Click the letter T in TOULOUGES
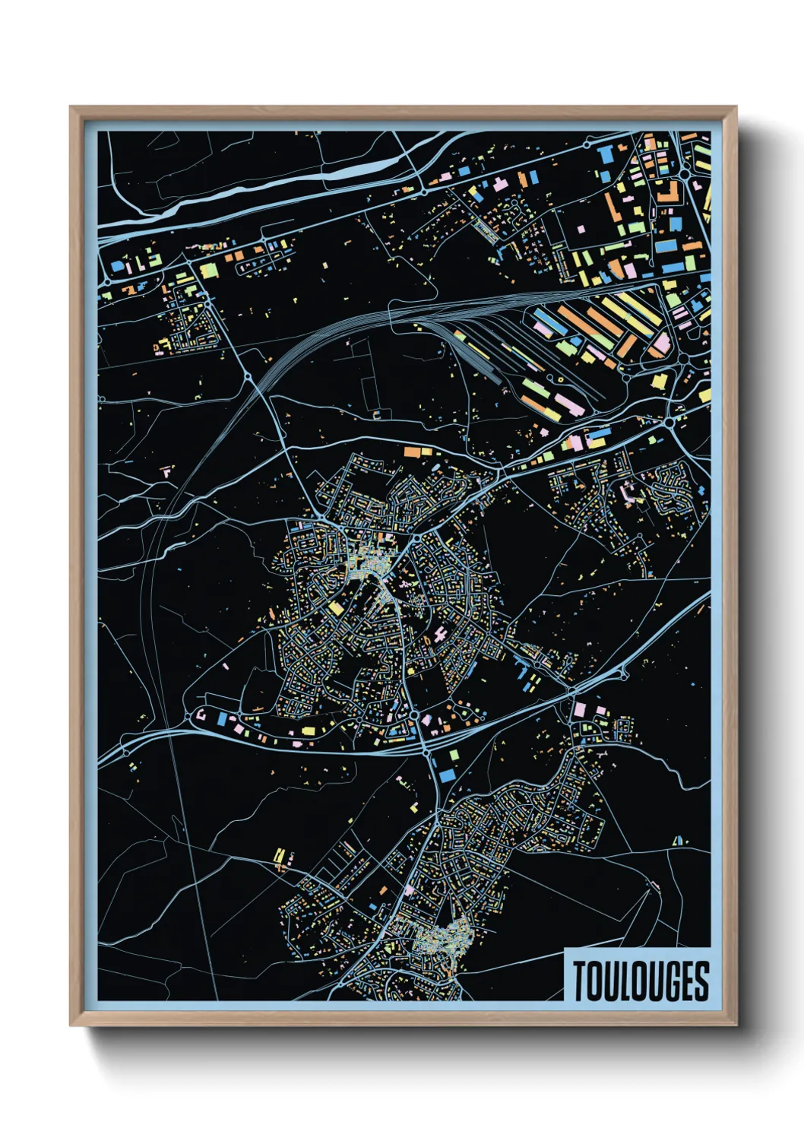(581, 981)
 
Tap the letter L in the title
(621, 981)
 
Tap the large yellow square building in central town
(335, 608)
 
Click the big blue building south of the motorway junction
(446, 775)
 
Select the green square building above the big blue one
(454, 755)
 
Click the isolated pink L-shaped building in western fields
(166, 472)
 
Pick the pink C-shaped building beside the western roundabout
(202, 715)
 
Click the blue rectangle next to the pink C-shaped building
(222, 718)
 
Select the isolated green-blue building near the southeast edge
(678, 840)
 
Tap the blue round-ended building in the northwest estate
(119, 267)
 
